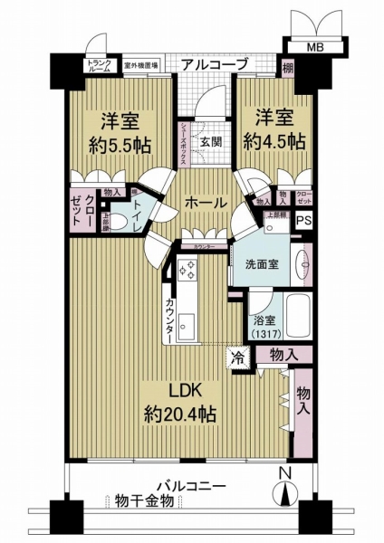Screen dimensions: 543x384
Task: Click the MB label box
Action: [312, 47]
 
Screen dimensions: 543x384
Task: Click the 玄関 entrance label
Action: [211, 141]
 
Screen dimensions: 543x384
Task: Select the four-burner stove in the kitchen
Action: [192, 271]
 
